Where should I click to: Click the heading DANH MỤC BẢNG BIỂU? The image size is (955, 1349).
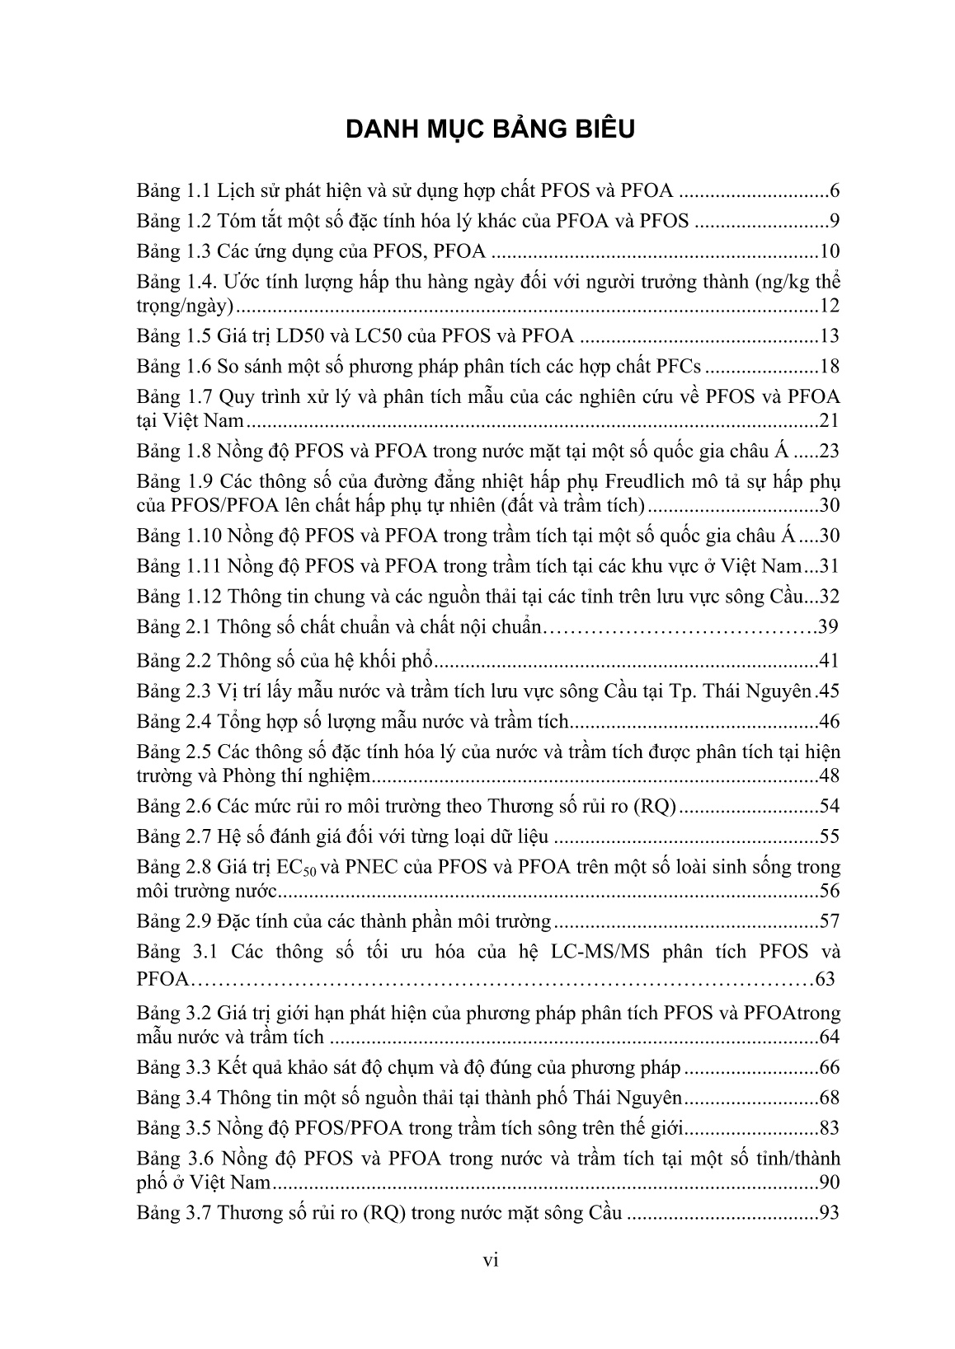[x=491, y=130]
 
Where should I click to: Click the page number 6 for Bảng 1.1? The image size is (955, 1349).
[x=835, y=192]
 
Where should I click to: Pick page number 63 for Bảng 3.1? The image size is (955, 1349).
[x=824, y=980]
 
